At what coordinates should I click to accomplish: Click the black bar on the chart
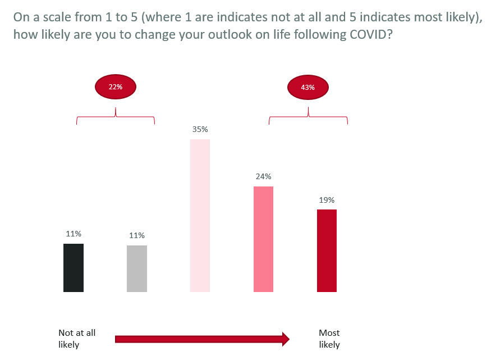74,268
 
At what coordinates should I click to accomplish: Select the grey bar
137,268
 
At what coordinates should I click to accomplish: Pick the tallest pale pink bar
200,216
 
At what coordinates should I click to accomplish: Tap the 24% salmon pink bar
263,239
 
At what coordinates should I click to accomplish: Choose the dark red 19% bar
327,250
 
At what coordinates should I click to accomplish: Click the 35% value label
200,129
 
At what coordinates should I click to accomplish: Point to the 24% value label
264,176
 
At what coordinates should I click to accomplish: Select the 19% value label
327,199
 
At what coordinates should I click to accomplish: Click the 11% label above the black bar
74,234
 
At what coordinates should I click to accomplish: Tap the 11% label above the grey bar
137,235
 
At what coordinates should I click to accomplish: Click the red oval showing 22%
116,87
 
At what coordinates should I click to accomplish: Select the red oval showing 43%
308,88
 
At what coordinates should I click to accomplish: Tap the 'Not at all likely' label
77,339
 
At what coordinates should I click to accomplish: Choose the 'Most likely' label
329,339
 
